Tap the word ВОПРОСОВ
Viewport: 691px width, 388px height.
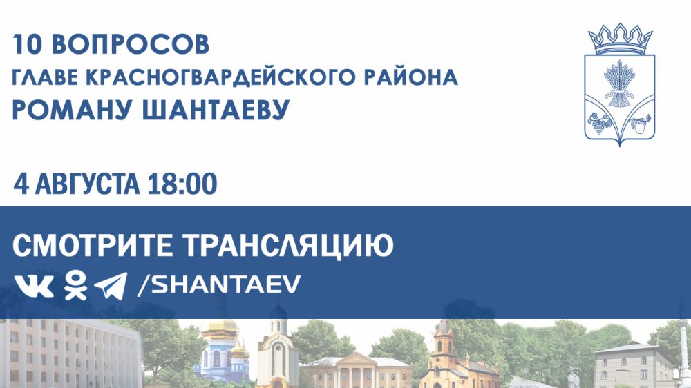131,44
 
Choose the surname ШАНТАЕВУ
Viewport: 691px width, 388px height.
216,110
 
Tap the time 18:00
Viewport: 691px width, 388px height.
182,184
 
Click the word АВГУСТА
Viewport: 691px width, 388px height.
87,184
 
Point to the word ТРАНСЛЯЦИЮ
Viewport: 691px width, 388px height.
287,246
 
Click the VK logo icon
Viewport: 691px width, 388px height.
34,286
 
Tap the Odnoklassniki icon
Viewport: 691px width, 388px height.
75,285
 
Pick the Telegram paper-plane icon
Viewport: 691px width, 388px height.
111,286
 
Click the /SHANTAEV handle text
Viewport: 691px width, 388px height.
219,284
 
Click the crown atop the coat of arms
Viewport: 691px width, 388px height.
620,39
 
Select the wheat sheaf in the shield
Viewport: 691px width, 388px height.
620,84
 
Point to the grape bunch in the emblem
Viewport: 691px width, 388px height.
599,125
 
